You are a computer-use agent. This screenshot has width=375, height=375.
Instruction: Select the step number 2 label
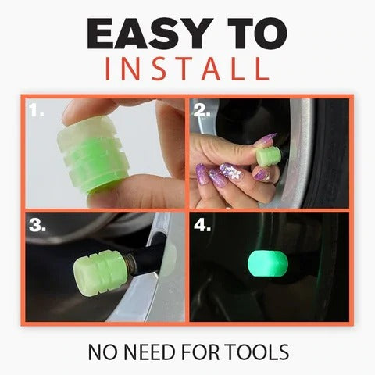202,112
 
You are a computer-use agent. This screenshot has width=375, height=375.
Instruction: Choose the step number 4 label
202,227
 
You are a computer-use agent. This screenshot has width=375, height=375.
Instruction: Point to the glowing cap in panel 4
265,263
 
